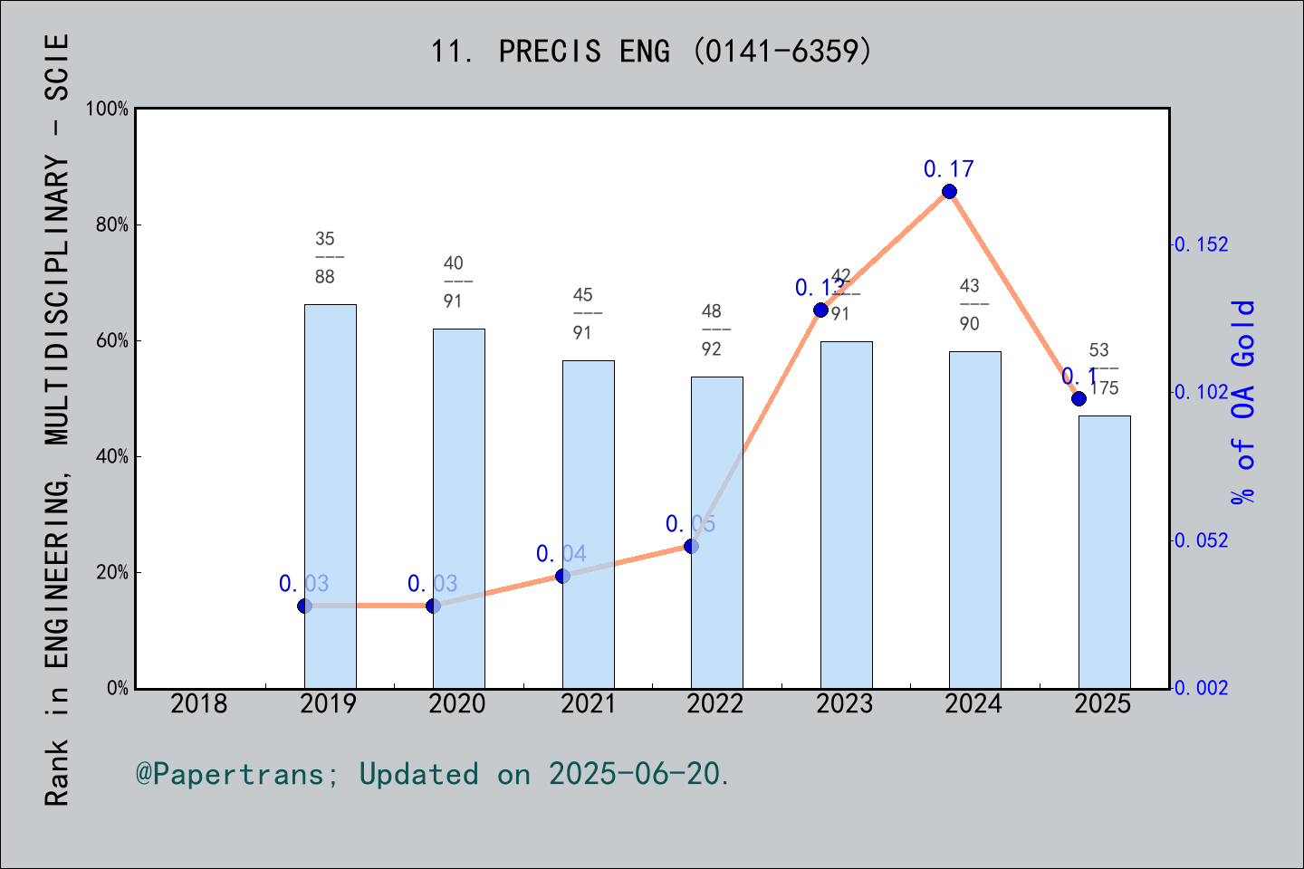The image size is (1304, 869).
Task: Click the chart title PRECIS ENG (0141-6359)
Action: [x=651, y=52]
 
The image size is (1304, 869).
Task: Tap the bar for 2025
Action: [x=1104, y=551]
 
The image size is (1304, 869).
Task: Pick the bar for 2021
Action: [x=588, y=524]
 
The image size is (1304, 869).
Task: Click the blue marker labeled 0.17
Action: [x=949, y=191]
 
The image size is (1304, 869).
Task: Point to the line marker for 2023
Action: [x=820, y=310]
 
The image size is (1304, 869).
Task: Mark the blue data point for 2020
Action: [x=433, y=606]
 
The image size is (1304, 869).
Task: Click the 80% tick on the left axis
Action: [x=112, y=225]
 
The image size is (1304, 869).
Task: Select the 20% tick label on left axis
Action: [x=112, y=573]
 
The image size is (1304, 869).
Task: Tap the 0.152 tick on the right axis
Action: [x=1202, y=244]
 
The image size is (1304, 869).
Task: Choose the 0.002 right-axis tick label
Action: [x=1202, y=689]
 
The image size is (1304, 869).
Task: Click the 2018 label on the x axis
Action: [x=199, y=704]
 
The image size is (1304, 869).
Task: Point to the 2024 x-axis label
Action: [x=973, y=704]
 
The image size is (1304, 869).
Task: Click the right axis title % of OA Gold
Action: [x=1243, y=402]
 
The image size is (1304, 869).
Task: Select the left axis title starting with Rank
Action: [x=57, y=420]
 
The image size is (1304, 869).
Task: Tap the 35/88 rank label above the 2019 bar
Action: [x=325, y=258]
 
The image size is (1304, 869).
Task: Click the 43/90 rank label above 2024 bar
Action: [x=970, y=305]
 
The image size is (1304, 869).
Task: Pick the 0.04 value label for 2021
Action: [x=561, y=554]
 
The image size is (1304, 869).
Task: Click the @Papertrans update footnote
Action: [x=433, y=774]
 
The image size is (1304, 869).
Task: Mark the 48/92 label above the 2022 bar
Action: [x=712, y=330]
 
